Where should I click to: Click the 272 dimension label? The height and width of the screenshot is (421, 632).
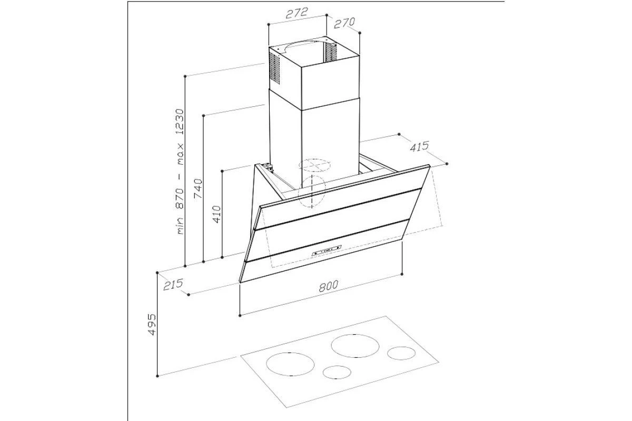point(296,13)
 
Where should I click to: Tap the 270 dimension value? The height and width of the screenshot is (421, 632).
point(344,23)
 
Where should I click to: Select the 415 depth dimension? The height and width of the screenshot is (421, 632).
point(419,146)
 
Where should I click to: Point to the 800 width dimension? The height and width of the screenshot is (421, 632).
point(329,286)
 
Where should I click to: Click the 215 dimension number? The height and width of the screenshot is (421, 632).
point(173,284)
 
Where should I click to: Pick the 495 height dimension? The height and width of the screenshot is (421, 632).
point(152,324)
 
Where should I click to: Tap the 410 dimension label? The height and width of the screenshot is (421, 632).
point(216,214)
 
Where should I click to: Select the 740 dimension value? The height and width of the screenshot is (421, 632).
point(198,188)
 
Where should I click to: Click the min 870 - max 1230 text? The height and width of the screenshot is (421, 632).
point(180,172)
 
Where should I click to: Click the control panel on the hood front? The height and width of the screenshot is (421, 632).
point(327,250)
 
